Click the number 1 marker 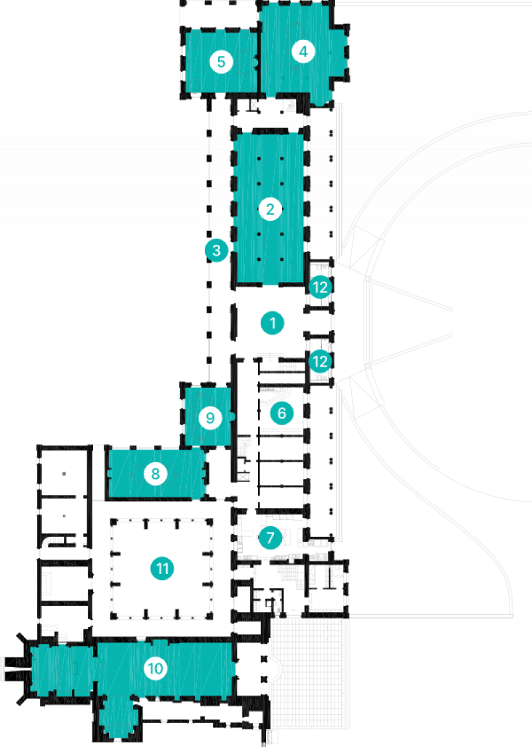click(x=272, y=323)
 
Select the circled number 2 click(x=270, y=210)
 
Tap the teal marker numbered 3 click(x=216, y=251)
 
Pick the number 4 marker click(x=303, y=51)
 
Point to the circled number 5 click(x=221, y=62)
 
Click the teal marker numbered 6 click(x=281, y=413)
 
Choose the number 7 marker click(x=270, y=537)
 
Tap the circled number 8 click(x=156, y=474)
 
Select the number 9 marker click(x=210, y=418)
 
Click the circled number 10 click(x=156, y=668)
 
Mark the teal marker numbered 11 click(x=162, y=569)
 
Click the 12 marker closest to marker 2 click(x=321, y=287)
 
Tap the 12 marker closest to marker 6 click(x=321, y=361)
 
